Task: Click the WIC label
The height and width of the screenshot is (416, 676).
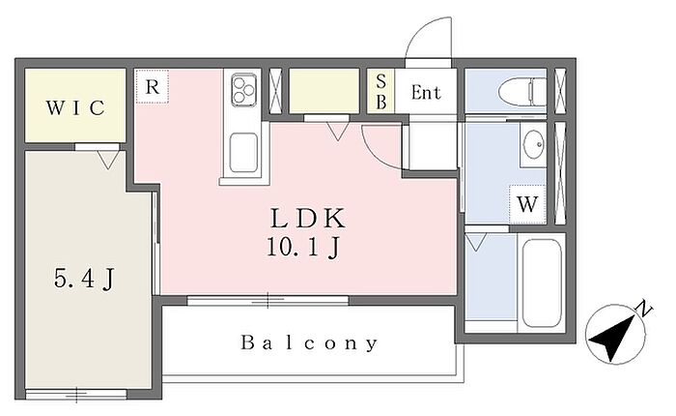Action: [x=75, y=108]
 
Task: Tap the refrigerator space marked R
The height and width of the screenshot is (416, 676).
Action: [x=153, y=87]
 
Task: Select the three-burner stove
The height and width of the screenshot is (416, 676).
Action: [x=244, y=89]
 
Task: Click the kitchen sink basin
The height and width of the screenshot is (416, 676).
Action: [x=243, y=153]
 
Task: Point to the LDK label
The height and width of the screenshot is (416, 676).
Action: [x=308, y=218]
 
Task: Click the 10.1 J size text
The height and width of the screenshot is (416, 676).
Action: [x=304, y=248]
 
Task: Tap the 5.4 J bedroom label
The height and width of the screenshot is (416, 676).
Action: [x=85, y=278]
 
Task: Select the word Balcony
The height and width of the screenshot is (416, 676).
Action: [x=309, y=342]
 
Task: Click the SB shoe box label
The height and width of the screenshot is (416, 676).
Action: [x=381, y=92]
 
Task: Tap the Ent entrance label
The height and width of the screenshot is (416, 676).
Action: [x=426, y=93]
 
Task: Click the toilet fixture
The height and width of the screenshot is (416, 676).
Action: [x=522, y=92]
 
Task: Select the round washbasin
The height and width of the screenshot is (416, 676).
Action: [x=533, y=144]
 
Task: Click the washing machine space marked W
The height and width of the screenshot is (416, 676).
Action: [x=527, y=204]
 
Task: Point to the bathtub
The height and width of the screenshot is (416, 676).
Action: [x=542, y=283]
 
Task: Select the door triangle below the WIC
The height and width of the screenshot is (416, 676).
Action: [x=108, y=160]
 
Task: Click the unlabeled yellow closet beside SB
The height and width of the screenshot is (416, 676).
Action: [x=324, y=91]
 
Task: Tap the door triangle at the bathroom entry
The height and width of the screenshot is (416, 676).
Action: [x=476, y=242]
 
